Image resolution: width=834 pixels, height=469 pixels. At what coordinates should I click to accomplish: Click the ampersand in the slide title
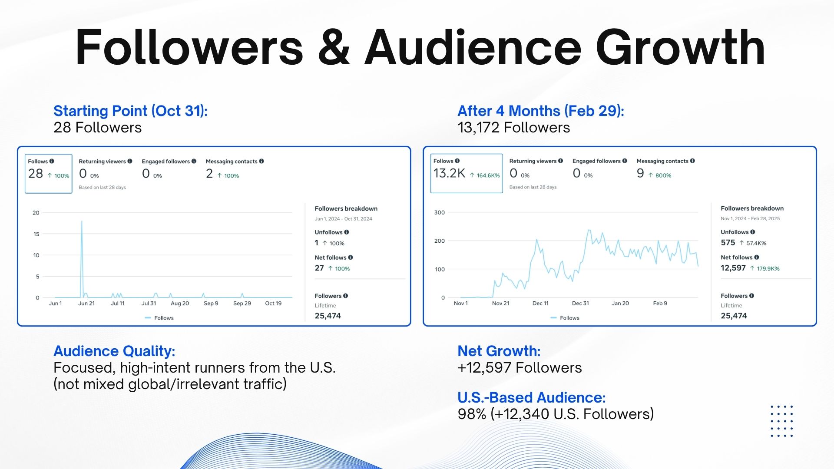coord(334,48)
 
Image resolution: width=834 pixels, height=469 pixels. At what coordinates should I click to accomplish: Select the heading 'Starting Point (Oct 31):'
coord(130,111)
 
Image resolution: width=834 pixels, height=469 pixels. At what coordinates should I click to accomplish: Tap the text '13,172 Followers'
coord(513,128)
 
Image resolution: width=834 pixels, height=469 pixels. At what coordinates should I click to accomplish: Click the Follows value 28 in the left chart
coord(36,174)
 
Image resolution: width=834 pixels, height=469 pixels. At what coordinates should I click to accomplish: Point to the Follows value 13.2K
coord(449,173)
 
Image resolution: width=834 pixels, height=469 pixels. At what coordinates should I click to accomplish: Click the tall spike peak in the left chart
coord(82,222)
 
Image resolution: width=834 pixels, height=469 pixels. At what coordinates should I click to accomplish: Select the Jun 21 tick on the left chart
coord(86,304)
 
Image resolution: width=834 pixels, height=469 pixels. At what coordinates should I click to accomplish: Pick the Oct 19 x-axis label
coord(273,304)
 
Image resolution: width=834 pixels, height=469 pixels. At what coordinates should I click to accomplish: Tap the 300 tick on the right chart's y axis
coord(439,212)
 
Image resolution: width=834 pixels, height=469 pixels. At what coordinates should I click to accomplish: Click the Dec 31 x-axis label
coord(580,304)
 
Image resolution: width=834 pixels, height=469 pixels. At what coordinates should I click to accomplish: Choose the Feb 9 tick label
coord(660,304)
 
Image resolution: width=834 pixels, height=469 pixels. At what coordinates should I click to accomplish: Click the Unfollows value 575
coord(728,243)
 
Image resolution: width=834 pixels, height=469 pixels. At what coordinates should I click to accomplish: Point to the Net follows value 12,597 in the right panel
coord(733,268)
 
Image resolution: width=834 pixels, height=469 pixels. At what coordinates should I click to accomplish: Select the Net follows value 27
coord(319,268)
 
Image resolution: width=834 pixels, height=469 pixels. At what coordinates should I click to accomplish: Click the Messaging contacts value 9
coord(640,173)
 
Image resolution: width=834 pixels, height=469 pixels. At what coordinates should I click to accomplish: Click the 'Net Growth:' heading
coord(499,351)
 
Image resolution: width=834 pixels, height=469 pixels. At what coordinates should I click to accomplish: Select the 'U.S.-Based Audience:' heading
coord(531,397)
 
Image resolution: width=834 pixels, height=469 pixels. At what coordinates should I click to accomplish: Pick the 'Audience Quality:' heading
coord(114,351)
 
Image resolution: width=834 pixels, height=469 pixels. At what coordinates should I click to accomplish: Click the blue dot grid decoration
coord(781,421)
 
